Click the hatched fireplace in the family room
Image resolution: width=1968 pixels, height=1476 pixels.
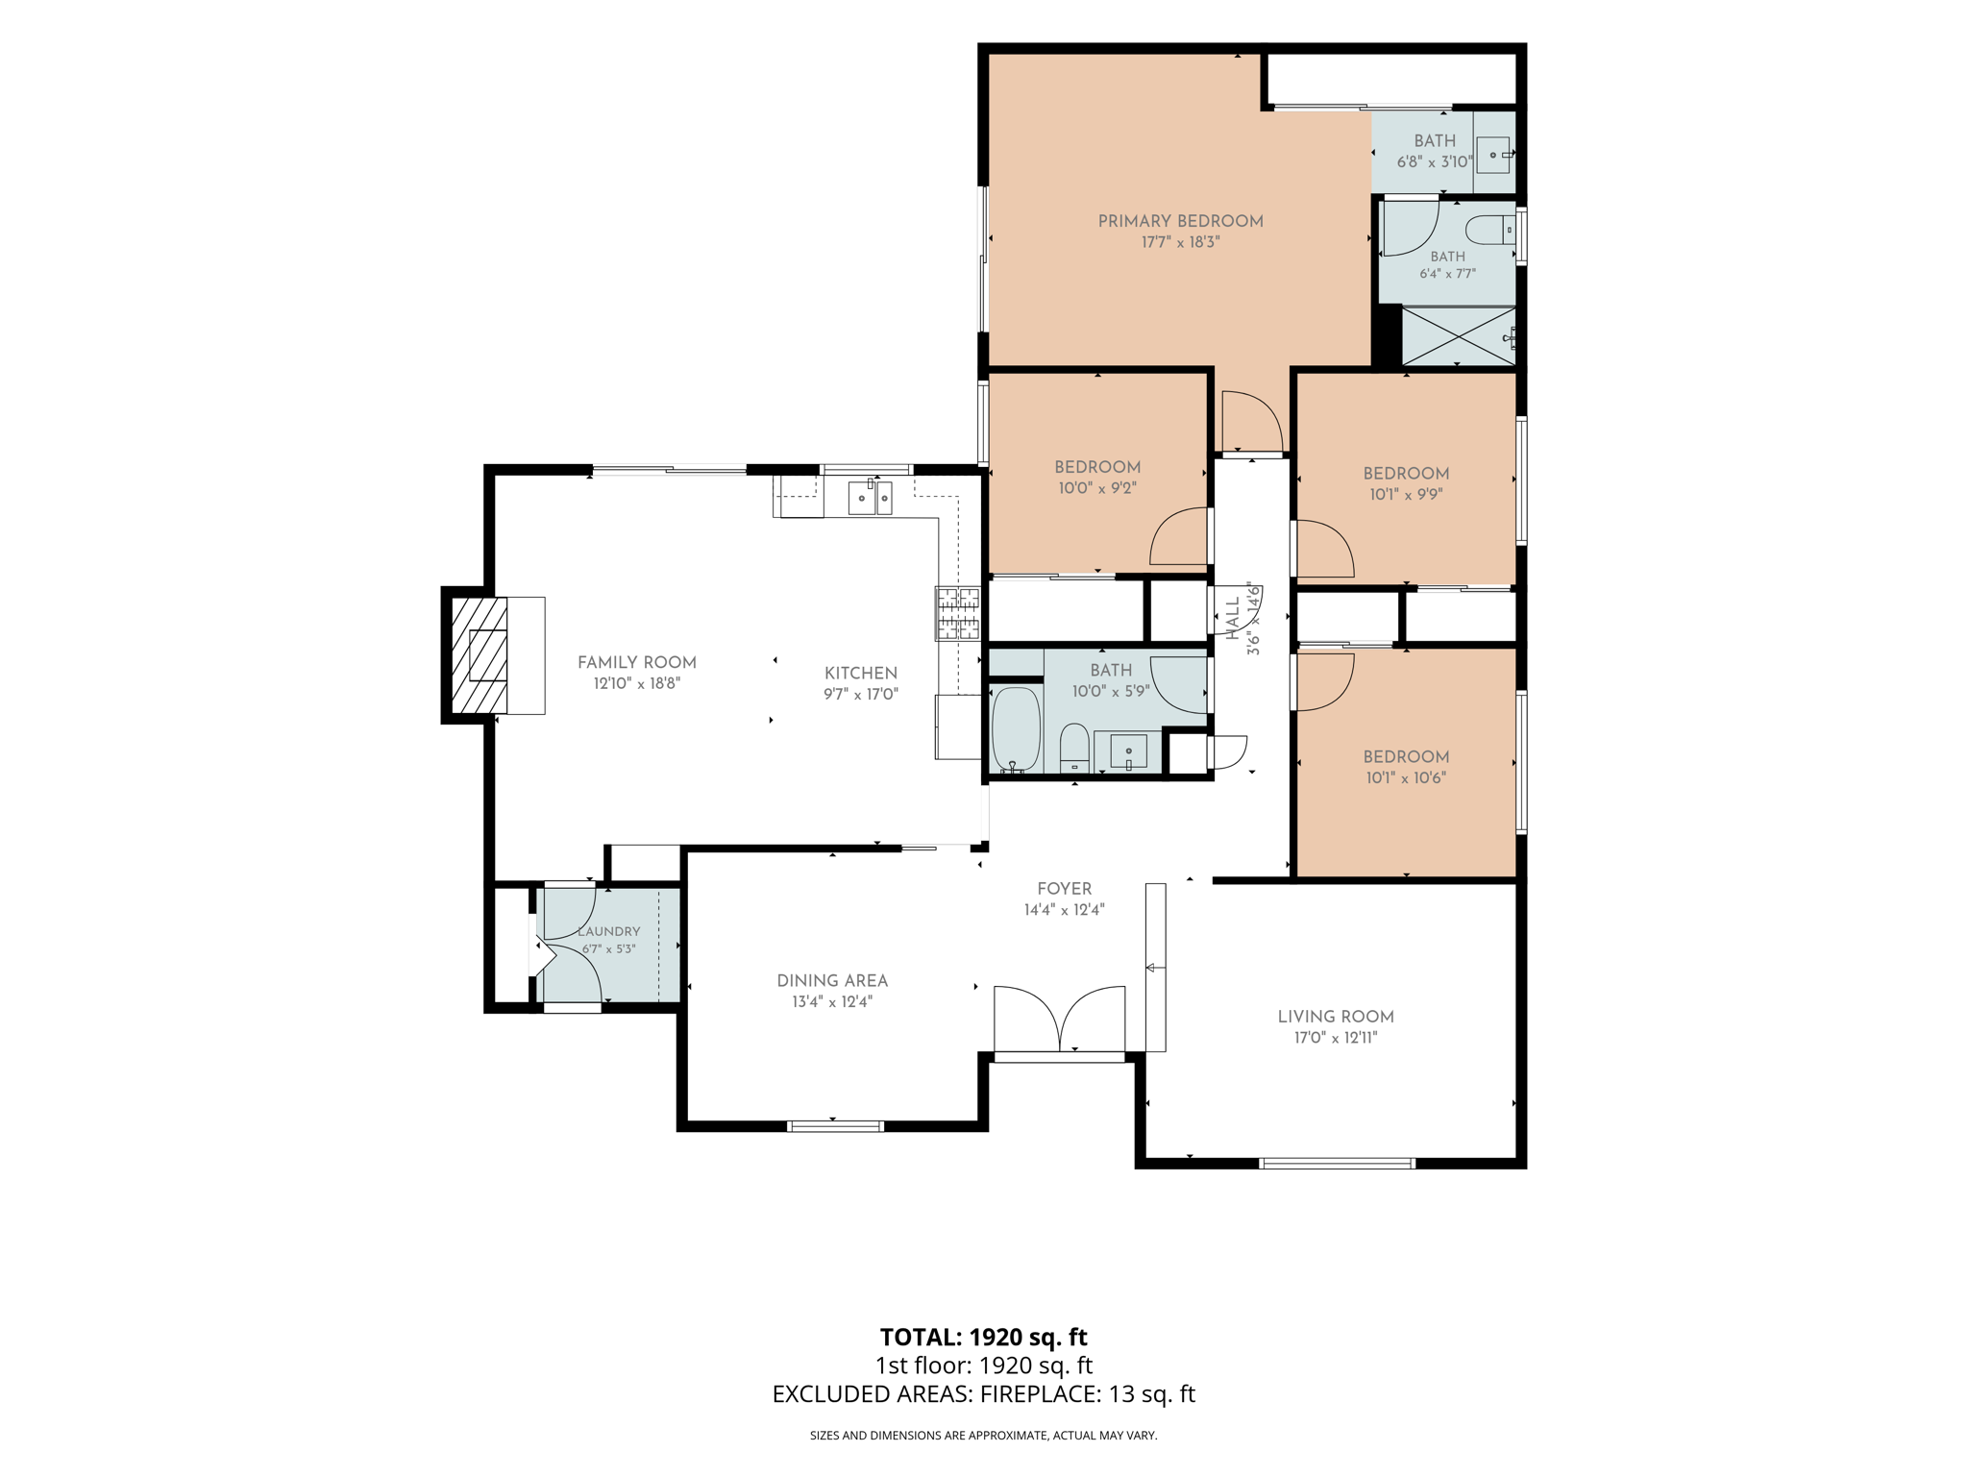click(x=479, y=655)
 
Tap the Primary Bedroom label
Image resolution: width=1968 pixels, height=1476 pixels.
click(x=1180, y=221)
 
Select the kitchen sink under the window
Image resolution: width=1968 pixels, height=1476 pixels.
click(x=870, y=498)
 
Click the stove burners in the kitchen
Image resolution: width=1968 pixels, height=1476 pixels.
click(x=958, y=613)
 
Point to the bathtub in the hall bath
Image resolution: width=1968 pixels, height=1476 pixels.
click(x=1016, y=728)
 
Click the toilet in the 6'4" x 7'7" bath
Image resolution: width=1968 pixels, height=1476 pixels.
click(x=1490, y=231)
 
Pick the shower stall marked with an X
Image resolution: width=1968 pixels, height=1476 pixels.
click(x=1459, y=336)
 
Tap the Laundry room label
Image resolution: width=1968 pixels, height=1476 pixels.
click(x=608, y=931)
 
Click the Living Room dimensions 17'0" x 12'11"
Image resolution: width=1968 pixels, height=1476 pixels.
click(x=1335, y=1038)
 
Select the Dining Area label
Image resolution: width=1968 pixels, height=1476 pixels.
click(x=832, y=980)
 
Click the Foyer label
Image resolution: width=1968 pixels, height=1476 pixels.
click(x=1064, y=889)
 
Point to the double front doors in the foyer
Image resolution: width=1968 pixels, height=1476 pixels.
click(x=1059, y=1019)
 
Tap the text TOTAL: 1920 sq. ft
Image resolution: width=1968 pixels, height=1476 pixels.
click(x=983, y=1337)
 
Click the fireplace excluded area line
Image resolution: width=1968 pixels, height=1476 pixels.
click(x=983, y=1393)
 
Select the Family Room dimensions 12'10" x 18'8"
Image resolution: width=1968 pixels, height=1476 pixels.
click(x=637, y=684)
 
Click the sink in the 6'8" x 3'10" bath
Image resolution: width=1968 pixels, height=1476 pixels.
click(x=1493, y=155)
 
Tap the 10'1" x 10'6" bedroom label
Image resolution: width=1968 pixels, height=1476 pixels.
click(x=1406, y=767)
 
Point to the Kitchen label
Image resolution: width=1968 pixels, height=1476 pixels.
click(x=861, y=673)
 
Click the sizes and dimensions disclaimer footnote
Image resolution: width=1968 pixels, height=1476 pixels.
click(x=983, y=1436)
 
